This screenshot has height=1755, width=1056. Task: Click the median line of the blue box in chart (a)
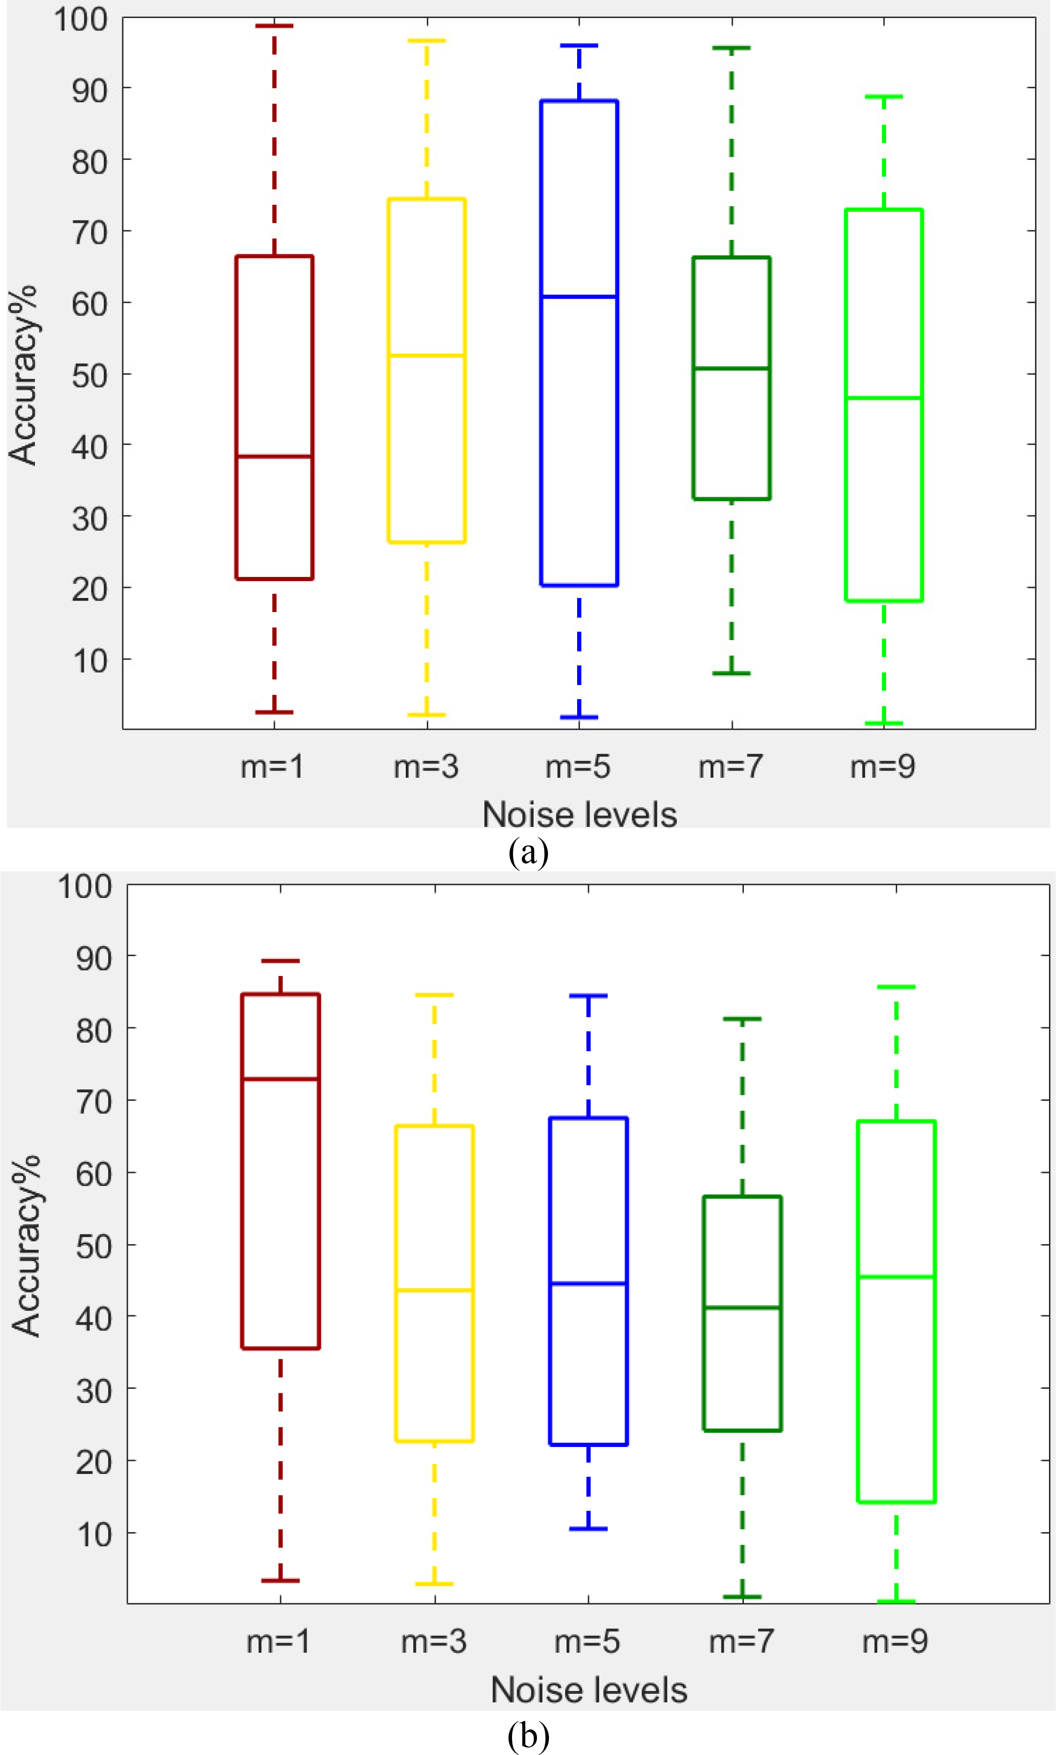click(579, 297)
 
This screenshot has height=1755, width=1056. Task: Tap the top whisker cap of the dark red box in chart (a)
click(274, 26)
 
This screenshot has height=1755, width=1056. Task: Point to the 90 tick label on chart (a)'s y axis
click(90, 90)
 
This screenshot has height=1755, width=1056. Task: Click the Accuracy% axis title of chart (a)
click(23, 375)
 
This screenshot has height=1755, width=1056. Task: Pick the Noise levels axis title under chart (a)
click(579, 814)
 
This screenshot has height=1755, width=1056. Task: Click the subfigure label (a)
click(528, 851)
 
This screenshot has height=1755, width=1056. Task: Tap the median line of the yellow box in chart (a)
click(426, 355)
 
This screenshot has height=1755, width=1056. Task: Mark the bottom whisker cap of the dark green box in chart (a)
click(731, 673)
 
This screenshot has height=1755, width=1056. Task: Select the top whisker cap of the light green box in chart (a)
click(884, 96)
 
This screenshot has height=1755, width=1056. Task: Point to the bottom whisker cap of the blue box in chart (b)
click(588, 1529)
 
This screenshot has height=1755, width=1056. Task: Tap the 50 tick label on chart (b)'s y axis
click(94, 1246)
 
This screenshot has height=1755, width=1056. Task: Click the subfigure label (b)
click(528, 1736)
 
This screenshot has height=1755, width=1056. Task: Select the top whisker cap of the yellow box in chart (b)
click(434, 995)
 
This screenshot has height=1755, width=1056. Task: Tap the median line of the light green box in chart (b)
click(896, 1277)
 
